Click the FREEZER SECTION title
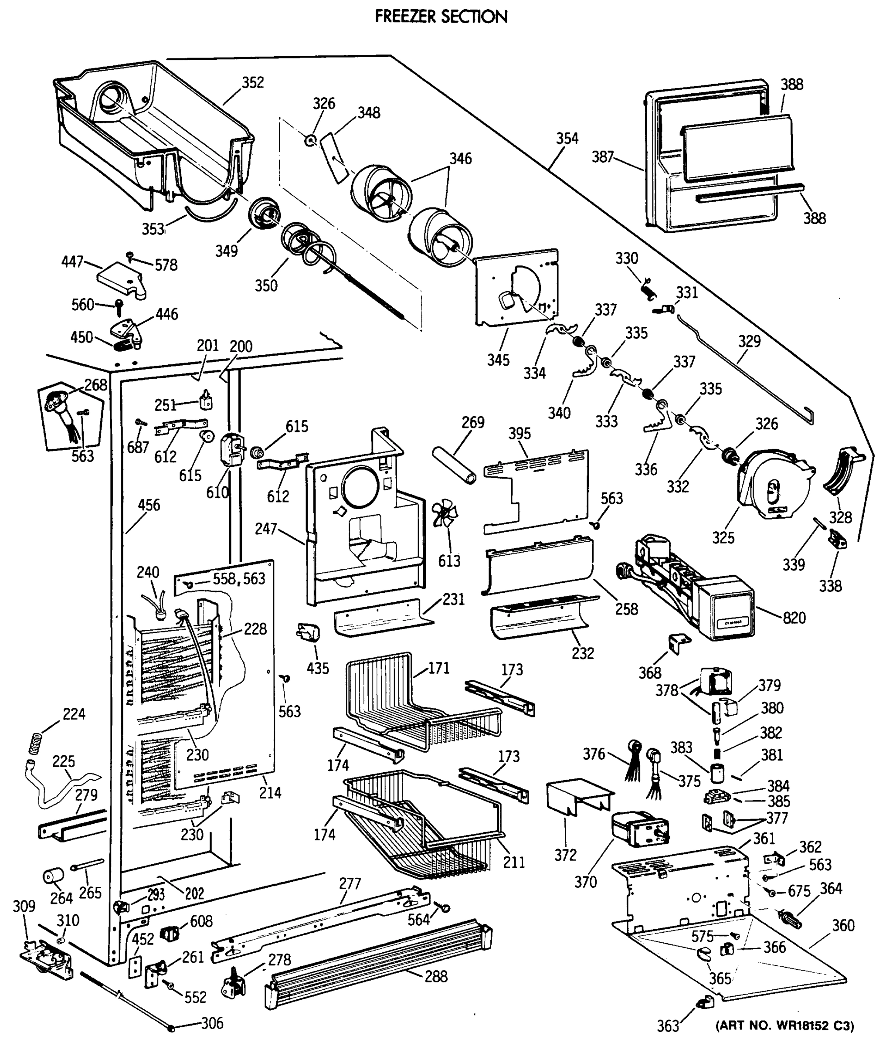tap(441, 17)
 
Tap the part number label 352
tap(252, 82)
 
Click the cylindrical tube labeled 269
tap(454, 465)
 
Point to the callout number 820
tap(794, 618)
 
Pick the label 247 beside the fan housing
tap(265, 529)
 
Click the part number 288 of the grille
tap(436, 976)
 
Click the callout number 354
tap(567, 138)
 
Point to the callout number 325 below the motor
tap(723, 538)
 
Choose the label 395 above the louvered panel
tap(520, 433)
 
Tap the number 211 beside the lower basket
tap(513, 862)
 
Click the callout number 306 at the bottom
tap(211, 1023)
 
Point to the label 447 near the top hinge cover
tap(72, 261)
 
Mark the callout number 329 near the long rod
tap(749, 341)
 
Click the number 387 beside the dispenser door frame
tap(602, 157)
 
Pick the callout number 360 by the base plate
tap(843, 925)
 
